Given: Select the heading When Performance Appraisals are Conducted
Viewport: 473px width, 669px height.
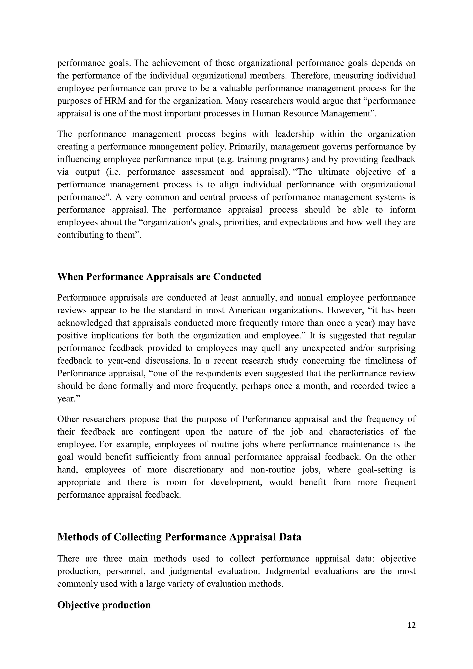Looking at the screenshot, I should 159,277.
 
